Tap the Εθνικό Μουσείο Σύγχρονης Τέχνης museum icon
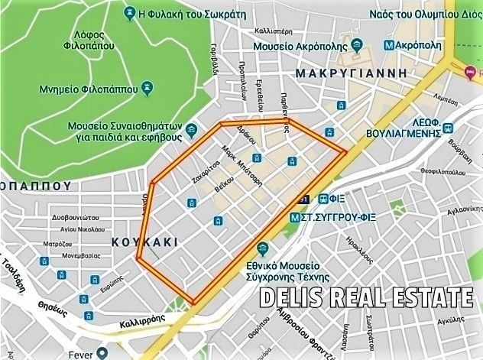point(262,248)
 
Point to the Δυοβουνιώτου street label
point(77,216)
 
